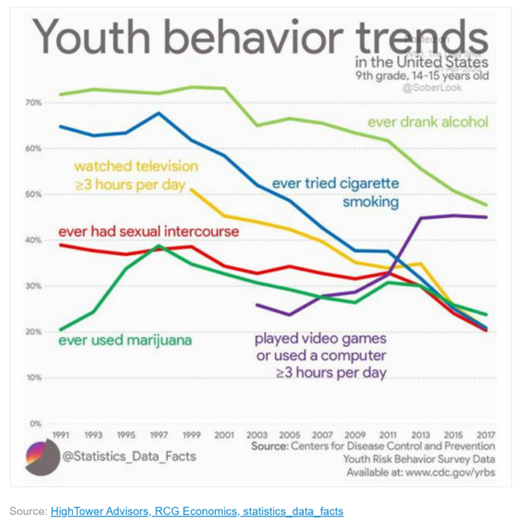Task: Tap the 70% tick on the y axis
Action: [34, 102]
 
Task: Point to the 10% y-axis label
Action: [34, 378]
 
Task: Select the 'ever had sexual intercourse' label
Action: [149, 231]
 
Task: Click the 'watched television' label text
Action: [136, 166]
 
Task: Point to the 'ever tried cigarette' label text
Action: [335, 183]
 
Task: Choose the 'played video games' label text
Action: [320, 338]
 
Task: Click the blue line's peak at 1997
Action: [159, 113]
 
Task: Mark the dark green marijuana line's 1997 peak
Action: [159, 246]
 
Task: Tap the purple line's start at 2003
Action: [256, 305]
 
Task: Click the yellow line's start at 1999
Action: [191, 190]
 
